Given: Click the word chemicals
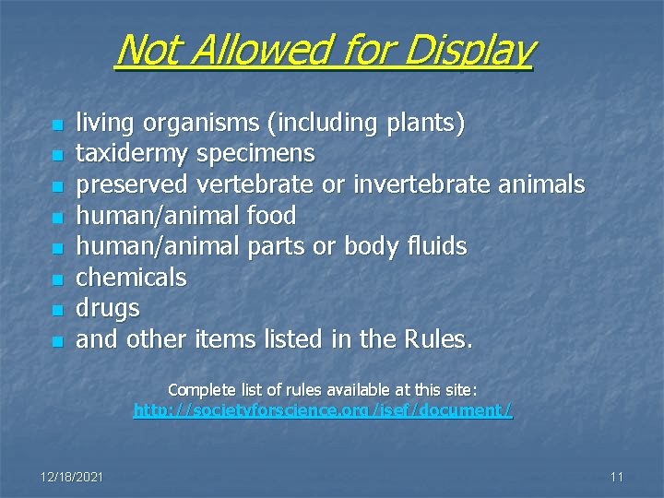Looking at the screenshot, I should click(131, 277).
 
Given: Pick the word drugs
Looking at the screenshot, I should click(107, 308).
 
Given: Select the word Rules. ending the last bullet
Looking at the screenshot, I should click(438, 339).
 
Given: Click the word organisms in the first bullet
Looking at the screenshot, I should click(184, 123).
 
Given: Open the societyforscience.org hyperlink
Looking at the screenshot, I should click(323, 410).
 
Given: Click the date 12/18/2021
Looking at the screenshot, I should click(72, 477).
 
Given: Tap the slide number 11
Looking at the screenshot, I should click(617, 477).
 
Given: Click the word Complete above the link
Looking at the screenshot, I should click(196, 390).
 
